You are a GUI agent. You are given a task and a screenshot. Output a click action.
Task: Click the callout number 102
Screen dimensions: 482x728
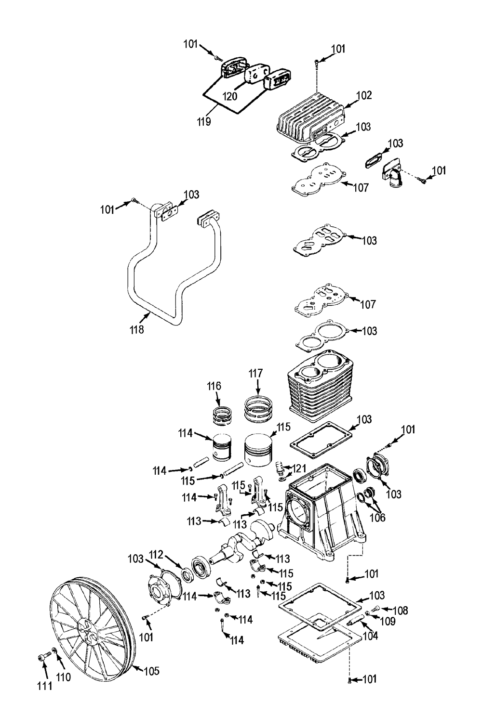tap(363, 95)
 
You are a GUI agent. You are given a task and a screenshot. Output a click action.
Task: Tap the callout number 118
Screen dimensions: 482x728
tap(137, 329)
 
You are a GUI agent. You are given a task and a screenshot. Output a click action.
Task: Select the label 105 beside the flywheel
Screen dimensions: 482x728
tap(152, 671)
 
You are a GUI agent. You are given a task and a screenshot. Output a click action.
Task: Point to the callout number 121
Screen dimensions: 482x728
tap(299, 468)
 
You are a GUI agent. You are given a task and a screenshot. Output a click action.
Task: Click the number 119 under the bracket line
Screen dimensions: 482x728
tap(204, 121)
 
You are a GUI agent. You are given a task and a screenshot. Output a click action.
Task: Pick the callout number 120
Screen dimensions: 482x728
tap(230, 96)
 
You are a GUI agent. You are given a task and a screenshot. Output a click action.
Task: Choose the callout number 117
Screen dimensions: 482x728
tap(255, 374)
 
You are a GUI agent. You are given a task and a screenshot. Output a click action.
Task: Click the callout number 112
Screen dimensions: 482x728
tap(157, 554)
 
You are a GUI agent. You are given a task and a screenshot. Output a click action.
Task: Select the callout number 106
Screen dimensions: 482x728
tap(377, 518)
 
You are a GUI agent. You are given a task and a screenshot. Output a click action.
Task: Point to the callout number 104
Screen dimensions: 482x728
tap(370, 636)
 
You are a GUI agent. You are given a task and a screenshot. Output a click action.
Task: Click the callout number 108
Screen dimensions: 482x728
tap(401, 611)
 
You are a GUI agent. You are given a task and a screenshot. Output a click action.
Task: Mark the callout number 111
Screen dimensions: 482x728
tap(45, 686)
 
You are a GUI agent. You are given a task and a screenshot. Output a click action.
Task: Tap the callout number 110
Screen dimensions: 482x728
tap(63, 677)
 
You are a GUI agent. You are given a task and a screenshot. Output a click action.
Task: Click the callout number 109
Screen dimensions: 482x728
tap(388, 622)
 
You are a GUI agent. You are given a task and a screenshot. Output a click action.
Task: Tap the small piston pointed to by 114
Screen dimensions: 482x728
tap(222, 447)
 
